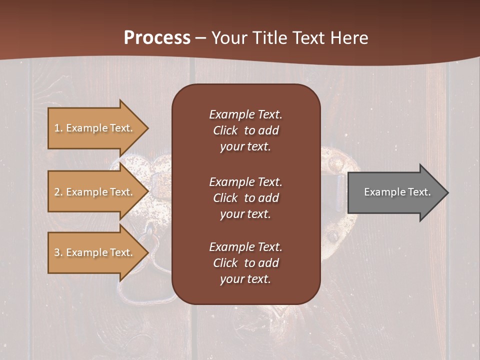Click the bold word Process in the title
pyautogui.click(x=157, y=38)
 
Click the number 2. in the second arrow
pyautogui.click(x=58, y=192)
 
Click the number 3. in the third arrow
pyautogui.click(x=58, y=252)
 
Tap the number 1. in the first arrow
pyautogui.click(x=58, y=128)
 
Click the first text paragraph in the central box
pyautogui.click(x=245, y=130)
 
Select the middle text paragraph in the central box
pyautogui.click(x=245, y=198)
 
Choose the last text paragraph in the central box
pyautogui.click(x=245, y=263)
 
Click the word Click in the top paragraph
pyautogui.click(x=225, y=130)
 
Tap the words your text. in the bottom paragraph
pyautogui.click(x=245, y=279)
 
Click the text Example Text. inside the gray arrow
pyautogui.click(x=397, y=192)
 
